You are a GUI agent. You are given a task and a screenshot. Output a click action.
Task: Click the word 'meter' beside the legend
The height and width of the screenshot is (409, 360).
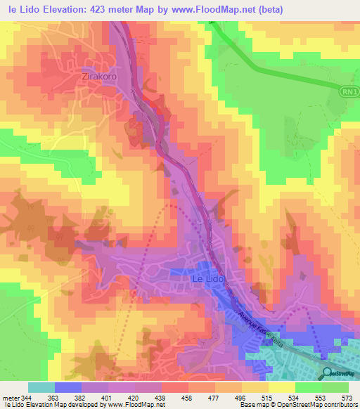click(x=11, y=397)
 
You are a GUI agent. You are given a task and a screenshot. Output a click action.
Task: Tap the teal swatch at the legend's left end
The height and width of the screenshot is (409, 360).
click(x=41, y=387)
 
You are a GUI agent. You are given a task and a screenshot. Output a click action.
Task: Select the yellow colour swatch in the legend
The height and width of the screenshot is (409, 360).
click(x=281, y=387)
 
